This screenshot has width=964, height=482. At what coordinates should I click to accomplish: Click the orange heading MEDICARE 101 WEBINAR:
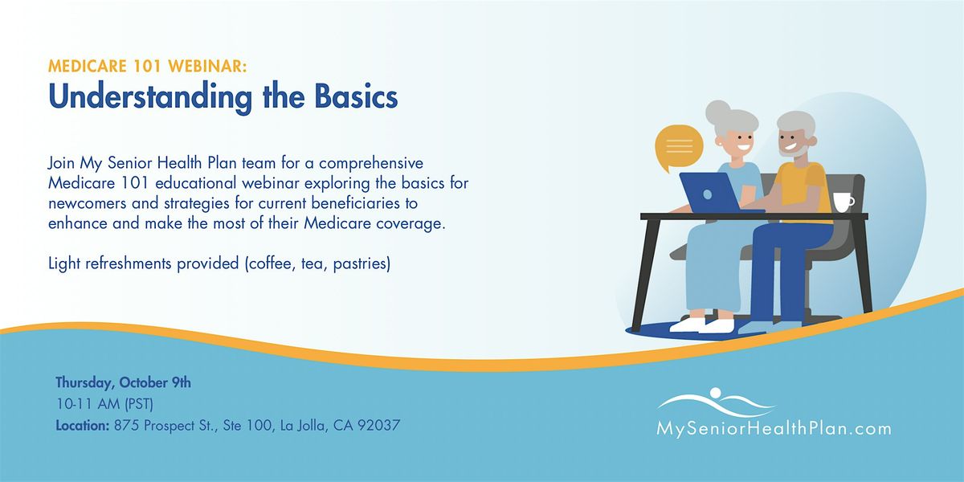point(148,66)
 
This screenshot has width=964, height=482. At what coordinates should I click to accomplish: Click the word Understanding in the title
point(150,97)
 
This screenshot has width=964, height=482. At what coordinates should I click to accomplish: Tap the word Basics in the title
point(356,96)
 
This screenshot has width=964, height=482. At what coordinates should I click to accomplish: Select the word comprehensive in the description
point(371,164)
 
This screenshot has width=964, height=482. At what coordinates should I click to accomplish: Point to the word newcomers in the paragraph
point(88,203)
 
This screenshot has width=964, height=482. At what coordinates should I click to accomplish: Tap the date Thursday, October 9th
point(123,382)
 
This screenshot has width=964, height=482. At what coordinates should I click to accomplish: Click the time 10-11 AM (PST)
point(104,404)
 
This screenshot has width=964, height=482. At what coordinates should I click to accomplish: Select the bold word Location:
point(83,426)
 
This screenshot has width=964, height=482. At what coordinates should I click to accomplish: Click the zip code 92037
point(378,426)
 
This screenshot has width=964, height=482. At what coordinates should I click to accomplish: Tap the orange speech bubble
point(679,147)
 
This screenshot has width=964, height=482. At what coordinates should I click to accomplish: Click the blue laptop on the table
point(711,193)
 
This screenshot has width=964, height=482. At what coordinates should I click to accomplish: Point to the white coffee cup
point(843,202)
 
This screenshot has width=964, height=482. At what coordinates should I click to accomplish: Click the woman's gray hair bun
point(717,111)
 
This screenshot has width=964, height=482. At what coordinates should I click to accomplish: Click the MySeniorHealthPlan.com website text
point(774,429)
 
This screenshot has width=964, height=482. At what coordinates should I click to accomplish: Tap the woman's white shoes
point(702,325)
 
